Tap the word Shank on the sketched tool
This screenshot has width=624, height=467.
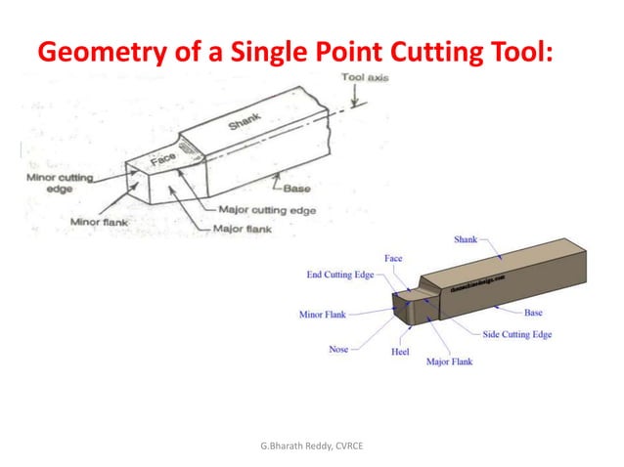coord(244,126)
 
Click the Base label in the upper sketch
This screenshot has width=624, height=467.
coord(297,190)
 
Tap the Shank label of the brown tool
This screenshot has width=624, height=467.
coord(466,239)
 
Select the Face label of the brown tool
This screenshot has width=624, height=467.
coord(393,259)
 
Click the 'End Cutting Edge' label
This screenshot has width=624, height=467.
coord(340,276)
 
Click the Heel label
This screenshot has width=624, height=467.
coord(400,352)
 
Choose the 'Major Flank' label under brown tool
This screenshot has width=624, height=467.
coord(450,361)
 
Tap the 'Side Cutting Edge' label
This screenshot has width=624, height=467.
coord(517,334)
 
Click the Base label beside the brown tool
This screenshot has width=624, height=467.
coord(533,313)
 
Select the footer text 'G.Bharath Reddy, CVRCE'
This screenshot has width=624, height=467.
coord(311,446)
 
